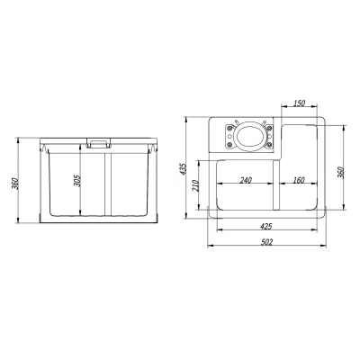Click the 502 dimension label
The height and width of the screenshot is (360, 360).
pyautogui.click(x=266, y=242)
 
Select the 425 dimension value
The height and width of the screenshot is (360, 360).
pyautogui.click(x=266, y=227)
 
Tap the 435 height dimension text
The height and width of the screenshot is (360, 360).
pyautogui.click(x=184, y=169)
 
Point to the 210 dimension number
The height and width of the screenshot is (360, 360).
pyautogui.click(x=196, y=186)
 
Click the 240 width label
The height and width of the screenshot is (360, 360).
pyautogui.click(x=246, y=180)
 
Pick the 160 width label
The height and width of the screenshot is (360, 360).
pyautogui.click(x=299, y=180)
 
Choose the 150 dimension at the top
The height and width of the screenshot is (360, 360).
pyautogui.click(x=299, y=103)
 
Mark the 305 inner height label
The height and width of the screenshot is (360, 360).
pyautogui.click(x=77, y=181)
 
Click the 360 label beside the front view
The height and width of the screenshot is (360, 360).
pyautogui.click(x=15, y=184)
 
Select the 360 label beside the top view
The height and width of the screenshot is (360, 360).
pyautogui.click(x=340, y=172)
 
